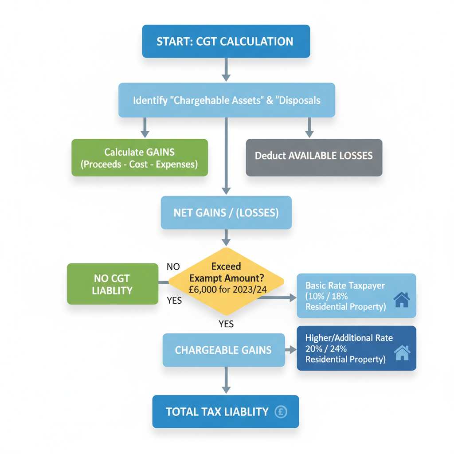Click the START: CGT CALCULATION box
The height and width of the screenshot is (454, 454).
pyautogui.click(x=226, y=41)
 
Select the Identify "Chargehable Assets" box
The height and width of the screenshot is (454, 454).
pyautogui.click(x=226, y=100)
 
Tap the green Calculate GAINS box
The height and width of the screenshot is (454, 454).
pyautogui.click(x=139, y=158)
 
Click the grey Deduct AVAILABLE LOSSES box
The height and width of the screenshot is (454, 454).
pyautogui.click(x=313, y=156)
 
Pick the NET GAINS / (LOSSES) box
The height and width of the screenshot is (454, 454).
pyautogui.click(x=226, y=213)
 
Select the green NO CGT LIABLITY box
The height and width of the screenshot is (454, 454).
pyautogui.click(x=112, y=284)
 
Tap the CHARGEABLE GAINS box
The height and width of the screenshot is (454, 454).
pyautogui.click(x=223, y=350)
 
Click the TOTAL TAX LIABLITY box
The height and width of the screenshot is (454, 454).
pyautogui.click(x=225, y=412)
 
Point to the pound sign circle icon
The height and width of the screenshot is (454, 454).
pyautogui.click(x=281, y=412)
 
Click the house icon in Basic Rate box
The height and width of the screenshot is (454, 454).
pyautogui.click(x=401, y=300)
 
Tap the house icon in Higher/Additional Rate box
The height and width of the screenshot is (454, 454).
pyautogui.click(x=402, y=353)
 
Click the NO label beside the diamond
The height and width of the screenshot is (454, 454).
pyautogui.click(x=173, y=267)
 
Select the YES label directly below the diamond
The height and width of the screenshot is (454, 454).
pyautogui.click(x=226, y=324)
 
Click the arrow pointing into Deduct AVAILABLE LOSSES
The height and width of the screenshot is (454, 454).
pyautogui.click(x=309, y=128)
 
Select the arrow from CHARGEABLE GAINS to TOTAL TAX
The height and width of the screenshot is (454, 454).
pyautogui.click(x=226, y=381)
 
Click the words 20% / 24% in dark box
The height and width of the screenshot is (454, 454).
pyautogui.click(x=327, y=349)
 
